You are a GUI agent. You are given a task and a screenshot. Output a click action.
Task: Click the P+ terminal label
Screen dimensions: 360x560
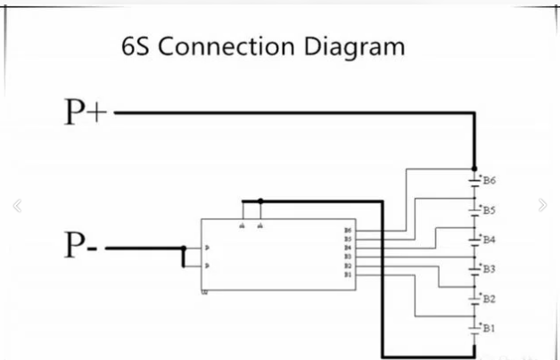[86, 113]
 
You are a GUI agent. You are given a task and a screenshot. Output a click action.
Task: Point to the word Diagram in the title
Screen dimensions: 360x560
[357, 46]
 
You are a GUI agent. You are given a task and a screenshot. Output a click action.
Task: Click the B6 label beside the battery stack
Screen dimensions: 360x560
[490, 181]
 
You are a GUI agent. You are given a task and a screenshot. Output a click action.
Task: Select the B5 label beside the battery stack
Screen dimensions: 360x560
[490, 210]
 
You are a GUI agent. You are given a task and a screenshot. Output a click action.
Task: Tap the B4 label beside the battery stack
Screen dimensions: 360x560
[490, 240]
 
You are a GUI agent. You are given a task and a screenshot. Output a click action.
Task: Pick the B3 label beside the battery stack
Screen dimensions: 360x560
[490, 269]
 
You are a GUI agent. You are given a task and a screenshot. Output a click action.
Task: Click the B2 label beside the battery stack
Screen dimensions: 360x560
[490, 299]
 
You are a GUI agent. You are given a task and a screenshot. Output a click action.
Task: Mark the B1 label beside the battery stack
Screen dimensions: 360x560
[490, 329]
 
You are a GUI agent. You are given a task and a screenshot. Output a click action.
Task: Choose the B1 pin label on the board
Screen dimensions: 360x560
[347, 274]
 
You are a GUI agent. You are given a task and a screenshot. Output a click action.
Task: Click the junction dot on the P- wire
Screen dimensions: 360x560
[184, 249]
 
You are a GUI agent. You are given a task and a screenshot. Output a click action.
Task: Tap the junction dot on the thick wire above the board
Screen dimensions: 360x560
[259, 201]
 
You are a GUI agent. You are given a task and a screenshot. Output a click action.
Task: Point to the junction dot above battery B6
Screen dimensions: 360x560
[473, 169]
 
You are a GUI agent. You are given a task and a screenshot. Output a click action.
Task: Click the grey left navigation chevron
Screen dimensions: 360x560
[16, 206]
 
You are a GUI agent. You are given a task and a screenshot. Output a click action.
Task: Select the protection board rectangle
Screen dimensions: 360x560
[277, 255]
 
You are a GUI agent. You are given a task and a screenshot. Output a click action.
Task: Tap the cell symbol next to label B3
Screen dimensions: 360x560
[474, 267]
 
